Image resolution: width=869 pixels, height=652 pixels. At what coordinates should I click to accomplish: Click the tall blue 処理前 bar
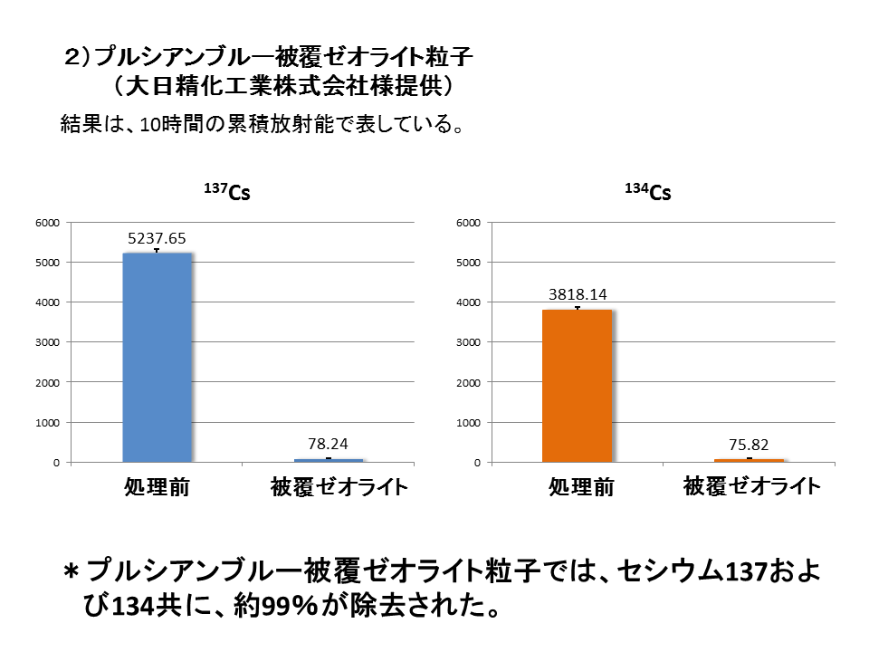click(x=157, y=358)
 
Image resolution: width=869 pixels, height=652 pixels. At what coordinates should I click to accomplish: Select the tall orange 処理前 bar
click(x=577, y=386)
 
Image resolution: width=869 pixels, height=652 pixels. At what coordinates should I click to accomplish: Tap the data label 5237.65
click(x=157, y=238)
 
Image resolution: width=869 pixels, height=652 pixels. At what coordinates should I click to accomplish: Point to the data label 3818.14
click(x=578, y=294)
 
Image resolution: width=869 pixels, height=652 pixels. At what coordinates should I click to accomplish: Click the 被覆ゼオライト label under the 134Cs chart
click(x=752, y=486)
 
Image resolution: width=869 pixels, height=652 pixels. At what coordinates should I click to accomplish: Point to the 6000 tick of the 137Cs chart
click(x=47, y=223)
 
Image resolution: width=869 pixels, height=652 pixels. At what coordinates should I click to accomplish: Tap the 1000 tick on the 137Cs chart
click(x=47, y=423)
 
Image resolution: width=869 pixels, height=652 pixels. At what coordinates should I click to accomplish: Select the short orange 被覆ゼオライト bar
click(x=748, y=460)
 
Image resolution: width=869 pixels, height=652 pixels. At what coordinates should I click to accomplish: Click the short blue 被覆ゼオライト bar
click(x=327, y=460)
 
